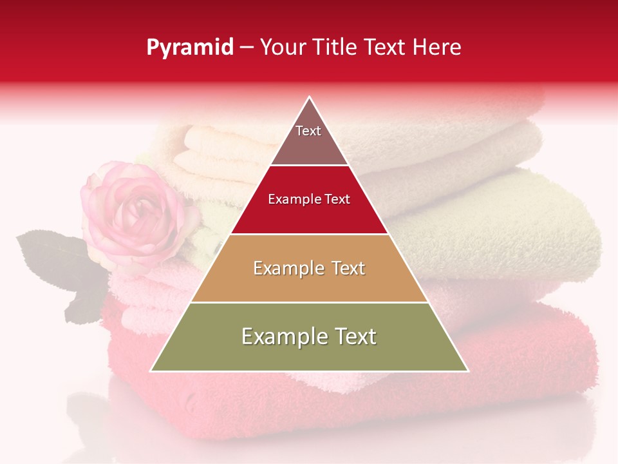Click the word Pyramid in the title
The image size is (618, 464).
190,48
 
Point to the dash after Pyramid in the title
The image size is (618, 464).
247,48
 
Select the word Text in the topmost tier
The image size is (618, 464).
308,131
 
